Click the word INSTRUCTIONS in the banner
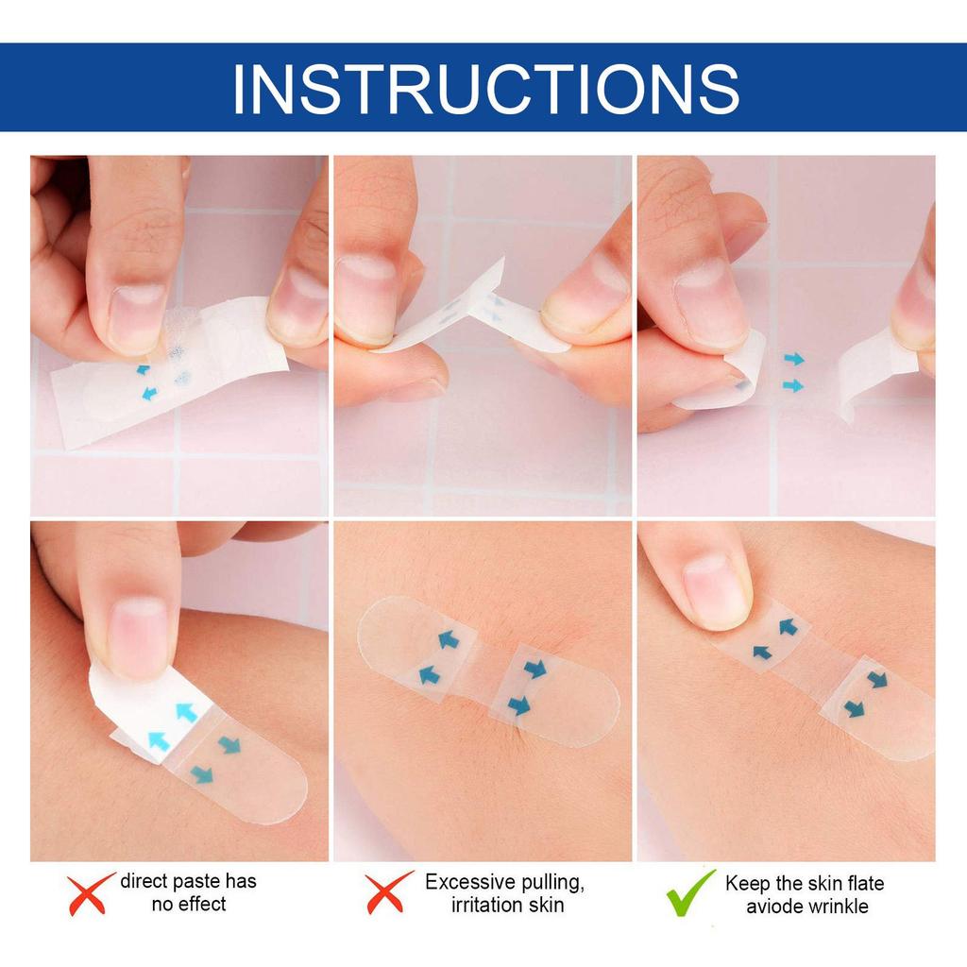tap(484, 88)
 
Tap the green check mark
tap(690, 892)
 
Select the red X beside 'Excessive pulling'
tap(389, 892)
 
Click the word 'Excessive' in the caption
tap(469, 883)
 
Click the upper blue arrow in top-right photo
tap(793, 359)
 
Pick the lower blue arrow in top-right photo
tap(793, 385)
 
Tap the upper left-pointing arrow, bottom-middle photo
tap(448, 640)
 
